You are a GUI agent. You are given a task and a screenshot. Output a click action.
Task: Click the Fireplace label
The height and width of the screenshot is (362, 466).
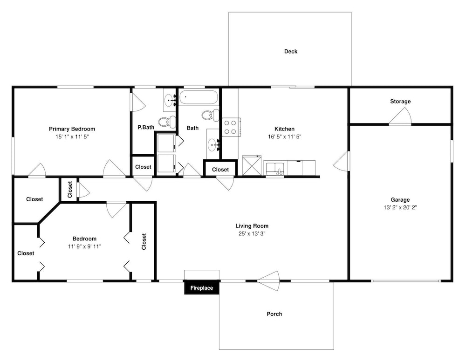[x=201, y=288]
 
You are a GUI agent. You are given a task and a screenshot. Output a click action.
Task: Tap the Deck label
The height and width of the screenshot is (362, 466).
[x=291, y=51]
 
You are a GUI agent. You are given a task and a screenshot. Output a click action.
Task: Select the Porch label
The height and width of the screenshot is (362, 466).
[x=274, y=314]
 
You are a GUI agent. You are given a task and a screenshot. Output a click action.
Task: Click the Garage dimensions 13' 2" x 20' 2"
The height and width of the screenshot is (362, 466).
[x=400, y=207]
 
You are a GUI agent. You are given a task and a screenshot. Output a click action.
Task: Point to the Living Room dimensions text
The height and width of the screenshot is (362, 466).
[x=252, y=233]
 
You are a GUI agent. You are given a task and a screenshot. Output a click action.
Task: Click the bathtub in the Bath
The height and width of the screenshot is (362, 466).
[x=199, y=97]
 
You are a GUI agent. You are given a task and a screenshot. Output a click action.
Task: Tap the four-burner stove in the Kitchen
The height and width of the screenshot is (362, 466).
[x=231, y=127]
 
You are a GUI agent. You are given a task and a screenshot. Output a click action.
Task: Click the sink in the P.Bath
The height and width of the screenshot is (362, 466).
[x=170, y=100]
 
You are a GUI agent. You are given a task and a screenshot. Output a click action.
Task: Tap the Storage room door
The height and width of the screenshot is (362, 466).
[x=400, y=116]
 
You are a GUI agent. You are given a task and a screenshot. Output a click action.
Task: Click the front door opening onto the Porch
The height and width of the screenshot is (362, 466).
[x=268, y=281]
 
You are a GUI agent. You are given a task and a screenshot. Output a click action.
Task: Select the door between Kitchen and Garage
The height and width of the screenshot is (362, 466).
[x=341, y=161]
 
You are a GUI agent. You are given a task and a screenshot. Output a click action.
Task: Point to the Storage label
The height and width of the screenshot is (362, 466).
[x=400, y=102]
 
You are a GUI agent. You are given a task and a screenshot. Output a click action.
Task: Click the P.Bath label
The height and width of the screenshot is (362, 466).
[x=146, y=128]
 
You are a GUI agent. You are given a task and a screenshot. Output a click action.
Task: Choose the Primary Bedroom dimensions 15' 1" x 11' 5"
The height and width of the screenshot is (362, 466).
[x=72, y=137]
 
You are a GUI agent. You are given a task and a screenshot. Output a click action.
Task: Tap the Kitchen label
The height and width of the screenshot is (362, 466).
[x=284, y=129]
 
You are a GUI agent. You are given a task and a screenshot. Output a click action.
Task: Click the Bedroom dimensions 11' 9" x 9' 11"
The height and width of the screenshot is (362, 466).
[x=84, y=246]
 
